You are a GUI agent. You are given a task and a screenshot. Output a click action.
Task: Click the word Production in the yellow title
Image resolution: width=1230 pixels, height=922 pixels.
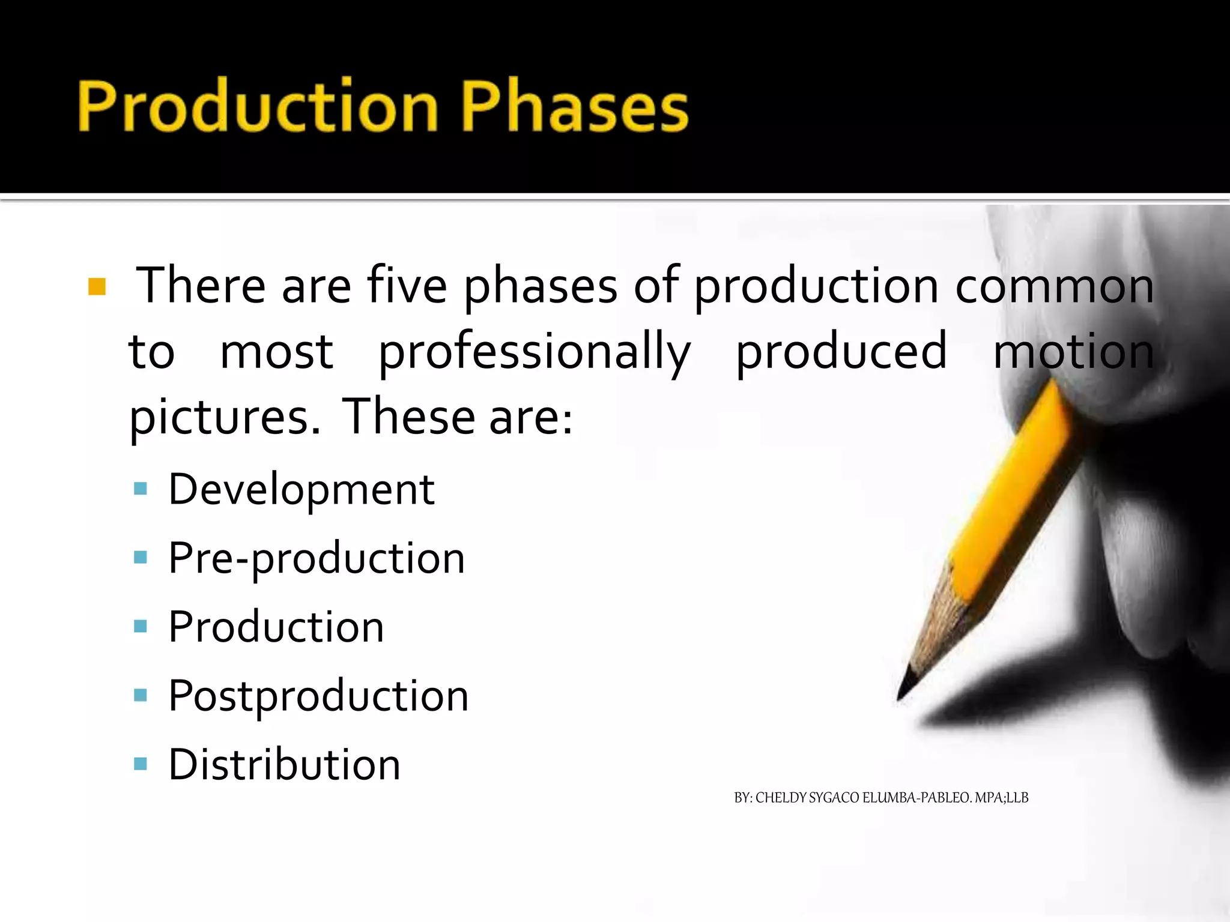coord(258,106)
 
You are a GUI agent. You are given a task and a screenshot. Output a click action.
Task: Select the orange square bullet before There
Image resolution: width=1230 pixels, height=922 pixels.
coord(97,287)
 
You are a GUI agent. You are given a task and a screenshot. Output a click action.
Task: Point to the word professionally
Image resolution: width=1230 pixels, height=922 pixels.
coord(535,353)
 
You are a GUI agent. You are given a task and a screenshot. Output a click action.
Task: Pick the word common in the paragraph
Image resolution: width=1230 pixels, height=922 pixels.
coord(1054,287)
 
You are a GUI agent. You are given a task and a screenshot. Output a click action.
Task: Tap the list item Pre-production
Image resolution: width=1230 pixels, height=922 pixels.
coord(317,559)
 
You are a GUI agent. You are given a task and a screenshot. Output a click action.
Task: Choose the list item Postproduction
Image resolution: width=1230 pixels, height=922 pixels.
coord(318,696)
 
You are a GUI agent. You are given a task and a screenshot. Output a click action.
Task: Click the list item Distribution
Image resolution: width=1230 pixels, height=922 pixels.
coord(284,765)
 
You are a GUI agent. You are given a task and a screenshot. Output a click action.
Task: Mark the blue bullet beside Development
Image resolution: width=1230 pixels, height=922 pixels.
coord(141,489)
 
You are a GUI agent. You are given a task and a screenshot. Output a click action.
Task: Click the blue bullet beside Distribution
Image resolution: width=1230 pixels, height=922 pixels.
coord(141,764)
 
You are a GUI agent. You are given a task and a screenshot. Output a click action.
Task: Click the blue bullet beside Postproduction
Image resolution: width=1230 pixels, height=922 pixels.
coord(141,696)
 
